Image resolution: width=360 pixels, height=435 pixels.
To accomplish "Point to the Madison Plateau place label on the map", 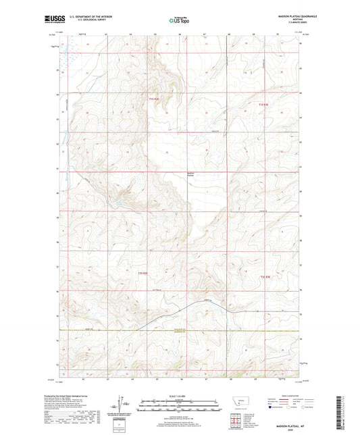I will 193,177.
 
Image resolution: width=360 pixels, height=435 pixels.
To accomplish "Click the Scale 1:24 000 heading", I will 180,396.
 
